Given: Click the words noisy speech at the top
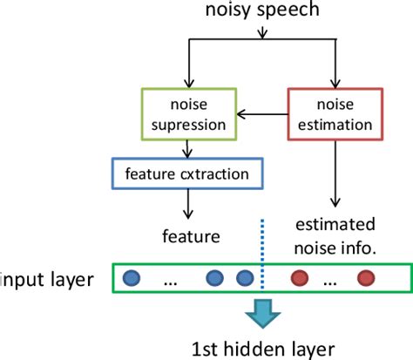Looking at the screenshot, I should tap(262, 11).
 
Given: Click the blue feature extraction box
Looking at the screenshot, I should tap(180, 173).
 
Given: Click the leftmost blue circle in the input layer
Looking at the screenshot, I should tap(132, 280).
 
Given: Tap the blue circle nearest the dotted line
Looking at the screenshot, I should tap(245, 280).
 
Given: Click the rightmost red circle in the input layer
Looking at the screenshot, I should tap(365, 280).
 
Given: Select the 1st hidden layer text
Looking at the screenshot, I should tap(262, 348).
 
